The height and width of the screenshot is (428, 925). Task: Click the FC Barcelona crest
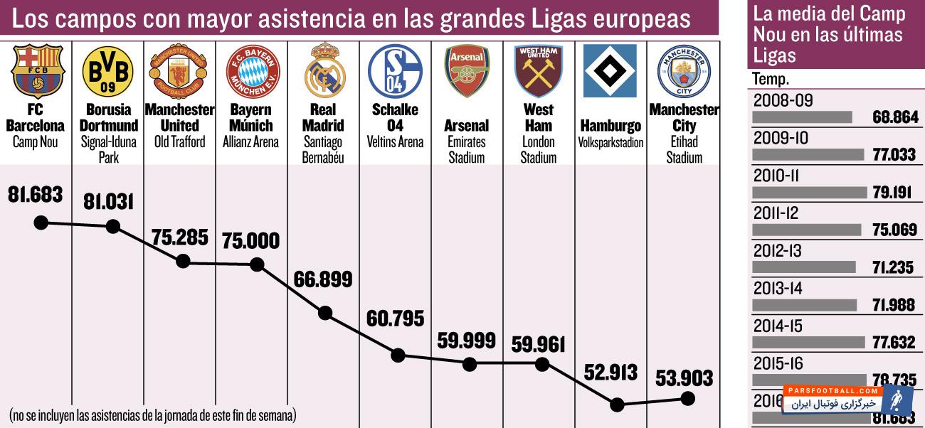click(x=38, y=71)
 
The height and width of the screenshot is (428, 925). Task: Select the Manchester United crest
click(x=179, y=72)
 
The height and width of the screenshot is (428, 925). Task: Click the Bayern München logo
click(x=253, y=72)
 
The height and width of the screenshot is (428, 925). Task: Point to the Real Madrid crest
click(x=324, y=71)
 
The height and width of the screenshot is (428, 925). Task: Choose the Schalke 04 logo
click(x=395, y=71)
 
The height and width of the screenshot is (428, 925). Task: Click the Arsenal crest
click(x=467, y=71)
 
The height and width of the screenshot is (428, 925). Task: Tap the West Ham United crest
click(x=538, y=71)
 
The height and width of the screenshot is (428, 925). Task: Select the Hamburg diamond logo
click(x=610, y=71)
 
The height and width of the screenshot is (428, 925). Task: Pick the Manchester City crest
click(x=684, y=71)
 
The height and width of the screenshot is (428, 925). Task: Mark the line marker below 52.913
click(x=617, y=405)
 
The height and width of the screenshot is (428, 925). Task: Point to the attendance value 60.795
click(x=395, y=318)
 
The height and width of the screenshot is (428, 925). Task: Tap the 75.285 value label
click(x=179, y=237)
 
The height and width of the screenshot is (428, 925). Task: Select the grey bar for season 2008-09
click(x=802, y=117)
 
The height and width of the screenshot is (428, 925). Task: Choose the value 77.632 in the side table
click(x=894, y=343)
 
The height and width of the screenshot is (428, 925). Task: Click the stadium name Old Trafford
click(x=179, y=141)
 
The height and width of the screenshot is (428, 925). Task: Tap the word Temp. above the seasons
click(x=771, y=80)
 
